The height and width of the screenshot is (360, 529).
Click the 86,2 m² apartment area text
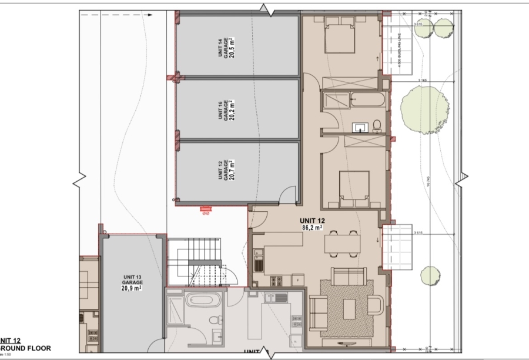coord(313,226)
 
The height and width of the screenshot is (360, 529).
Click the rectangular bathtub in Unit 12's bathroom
coord(364,100)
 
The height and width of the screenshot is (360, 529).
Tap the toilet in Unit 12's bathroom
coord(377,125)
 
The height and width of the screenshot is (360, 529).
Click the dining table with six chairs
coord(341,242)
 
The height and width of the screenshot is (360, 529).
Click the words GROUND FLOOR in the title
coord(26,348)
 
